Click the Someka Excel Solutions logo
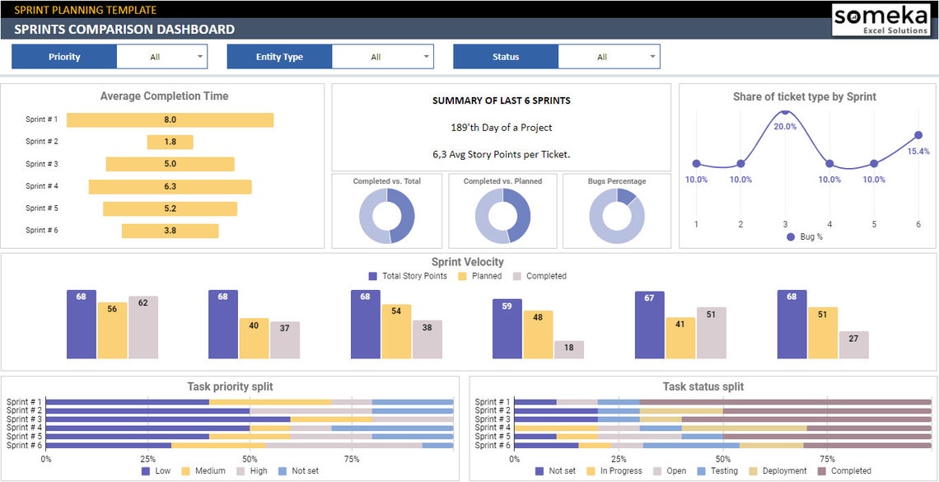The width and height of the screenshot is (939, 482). [x=880, y=19]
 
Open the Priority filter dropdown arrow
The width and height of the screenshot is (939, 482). [x=199, y=57]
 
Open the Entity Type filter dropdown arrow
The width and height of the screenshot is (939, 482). [x=426, y=57]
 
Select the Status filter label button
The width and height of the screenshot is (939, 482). [x=506, y=57]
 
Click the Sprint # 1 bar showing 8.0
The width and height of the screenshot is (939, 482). [x=170, y=119]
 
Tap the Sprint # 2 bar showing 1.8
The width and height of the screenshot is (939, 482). [x=170, y=142]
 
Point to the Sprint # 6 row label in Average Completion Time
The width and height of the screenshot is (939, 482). [x=41, y=231]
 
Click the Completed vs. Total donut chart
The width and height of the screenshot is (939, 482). [x=386, y=216]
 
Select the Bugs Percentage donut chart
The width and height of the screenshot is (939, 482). [x=616, y=216]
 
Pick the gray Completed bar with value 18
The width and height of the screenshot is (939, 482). [x=569, y=349]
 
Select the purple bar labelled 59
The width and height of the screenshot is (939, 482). [x=507, y=329]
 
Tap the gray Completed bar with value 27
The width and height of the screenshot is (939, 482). [x=853, y=345]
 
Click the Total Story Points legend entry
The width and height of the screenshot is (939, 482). [x=408, y=276]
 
